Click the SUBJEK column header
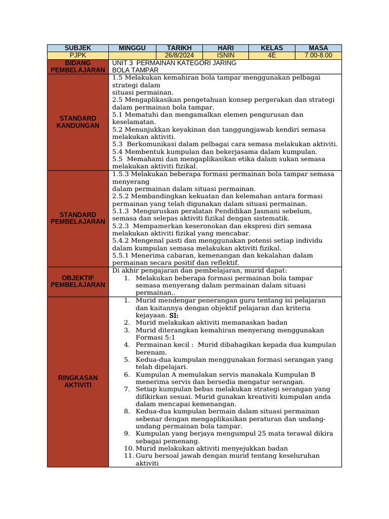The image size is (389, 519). coord(77,48)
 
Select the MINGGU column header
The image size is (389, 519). coord(132,48)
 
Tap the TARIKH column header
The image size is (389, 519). coord(179,48)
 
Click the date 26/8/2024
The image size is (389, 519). coord(179,55)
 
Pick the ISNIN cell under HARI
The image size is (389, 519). coord(225,55)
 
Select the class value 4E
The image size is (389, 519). coord(271,55)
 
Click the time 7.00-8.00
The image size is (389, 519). coord(318,55)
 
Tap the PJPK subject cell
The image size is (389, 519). coord(77,55)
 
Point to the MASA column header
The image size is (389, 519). coord(318,48)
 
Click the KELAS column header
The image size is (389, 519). coord(271,48)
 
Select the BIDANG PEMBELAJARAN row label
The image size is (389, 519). coord(77,66)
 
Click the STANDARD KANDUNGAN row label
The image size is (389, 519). coord(77,122)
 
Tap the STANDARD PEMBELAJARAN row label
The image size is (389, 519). coord(77,218)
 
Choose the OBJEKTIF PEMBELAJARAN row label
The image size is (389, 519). coord(77,281)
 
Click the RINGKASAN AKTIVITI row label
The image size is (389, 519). coord(77,381)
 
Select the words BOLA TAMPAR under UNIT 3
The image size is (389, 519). coord(132,70)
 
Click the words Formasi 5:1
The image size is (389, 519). coord(155,337)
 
